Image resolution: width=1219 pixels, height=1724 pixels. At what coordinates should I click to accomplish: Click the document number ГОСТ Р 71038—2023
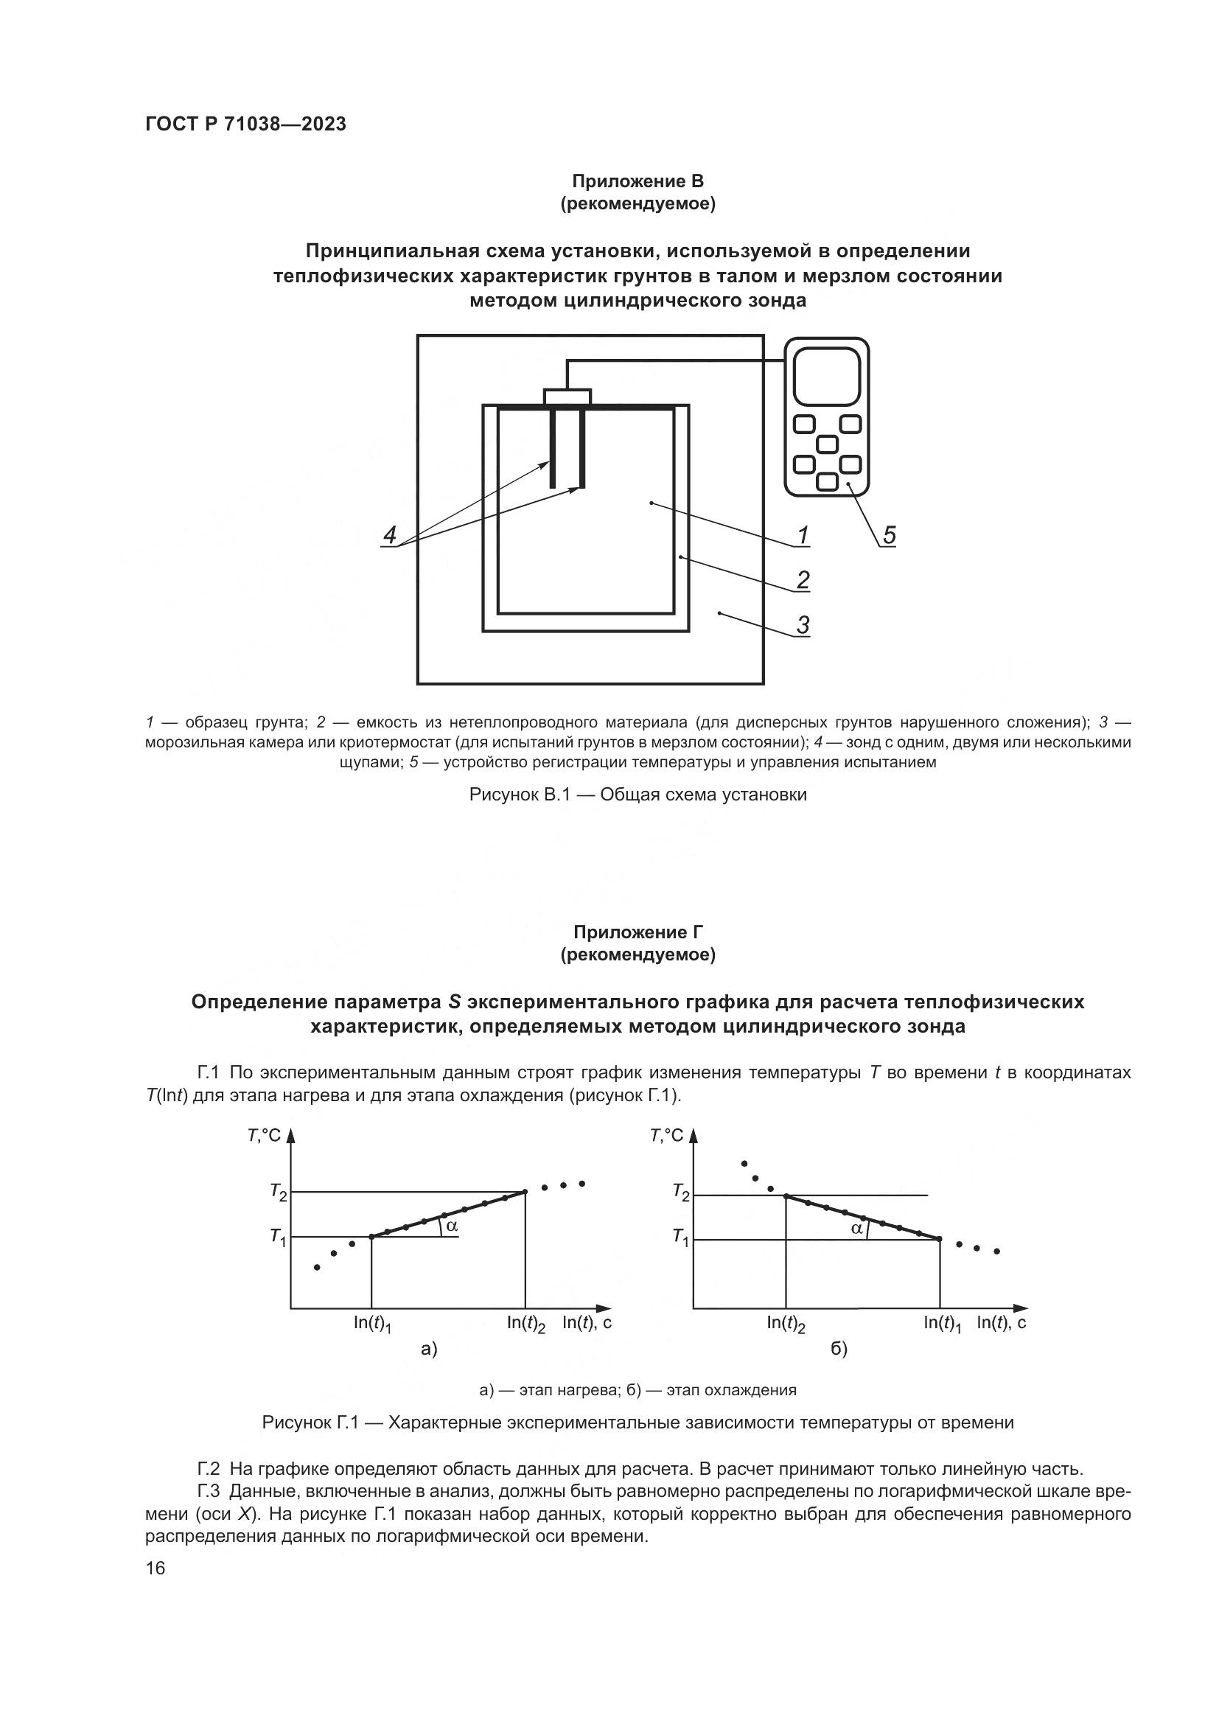coord(245,125)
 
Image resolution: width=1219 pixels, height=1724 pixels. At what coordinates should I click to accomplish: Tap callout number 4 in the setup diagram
coord(390,535)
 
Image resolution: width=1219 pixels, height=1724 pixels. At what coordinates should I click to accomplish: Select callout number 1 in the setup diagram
coord(803,535)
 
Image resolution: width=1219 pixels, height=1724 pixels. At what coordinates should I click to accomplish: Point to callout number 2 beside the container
coord(803,579)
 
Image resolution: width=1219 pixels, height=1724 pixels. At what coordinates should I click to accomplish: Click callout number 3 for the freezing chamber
coord(803,625)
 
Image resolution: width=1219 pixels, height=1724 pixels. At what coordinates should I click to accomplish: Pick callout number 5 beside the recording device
coord(889,535)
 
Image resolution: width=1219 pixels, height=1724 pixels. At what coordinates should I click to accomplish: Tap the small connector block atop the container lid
coord(567,397)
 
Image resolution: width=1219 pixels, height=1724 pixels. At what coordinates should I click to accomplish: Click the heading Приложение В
coord(638,181)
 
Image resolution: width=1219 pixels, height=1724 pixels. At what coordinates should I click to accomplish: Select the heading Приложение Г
coord(638,932)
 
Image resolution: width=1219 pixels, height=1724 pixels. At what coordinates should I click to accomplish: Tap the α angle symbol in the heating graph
coord(451,1226)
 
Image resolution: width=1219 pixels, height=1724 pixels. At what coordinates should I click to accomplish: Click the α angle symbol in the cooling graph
coord(856,1229)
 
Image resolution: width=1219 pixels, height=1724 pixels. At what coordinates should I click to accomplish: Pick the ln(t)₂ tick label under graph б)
coord(786,1324)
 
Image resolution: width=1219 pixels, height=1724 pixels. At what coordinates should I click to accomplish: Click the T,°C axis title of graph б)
coord(666,1134)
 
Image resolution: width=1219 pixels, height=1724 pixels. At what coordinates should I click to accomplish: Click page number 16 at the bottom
coord(156,1568)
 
